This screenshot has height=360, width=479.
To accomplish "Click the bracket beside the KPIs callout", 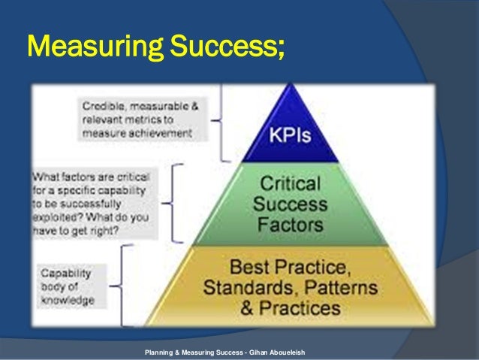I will coord(218,120).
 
